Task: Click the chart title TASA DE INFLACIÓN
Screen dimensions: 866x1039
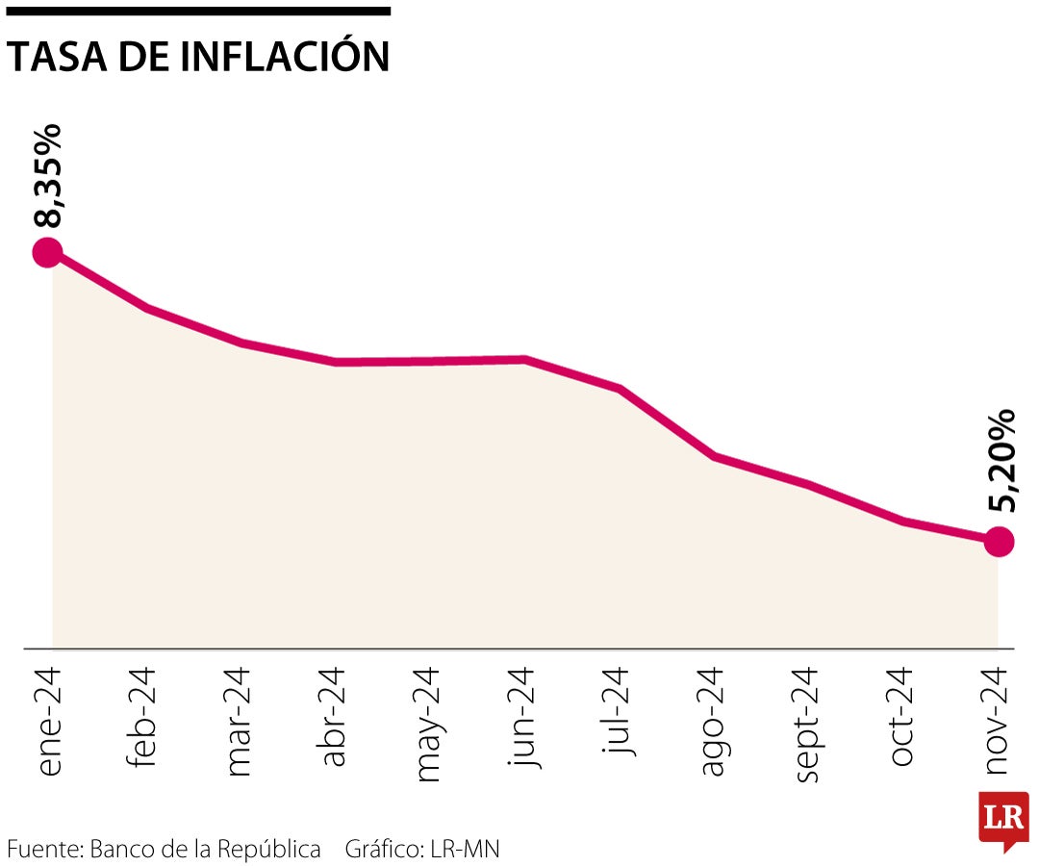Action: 198,57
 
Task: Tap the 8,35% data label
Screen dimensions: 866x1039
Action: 47,175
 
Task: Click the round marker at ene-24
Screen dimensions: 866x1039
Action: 47,253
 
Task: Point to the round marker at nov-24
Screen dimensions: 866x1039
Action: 999,542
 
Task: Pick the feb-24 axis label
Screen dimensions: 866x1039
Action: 141,717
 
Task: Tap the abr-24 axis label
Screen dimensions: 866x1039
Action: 332,717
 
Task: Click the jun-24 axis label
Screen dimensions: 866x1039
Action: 522,717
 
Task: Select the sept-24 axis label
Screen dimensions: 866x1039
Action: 807,725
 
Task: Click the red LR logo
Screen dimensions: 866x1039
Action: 1003,820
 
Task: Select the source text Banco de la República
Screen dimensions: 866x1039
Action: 205,850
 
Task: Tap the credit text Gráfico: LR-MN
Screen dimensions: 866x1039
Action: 422,850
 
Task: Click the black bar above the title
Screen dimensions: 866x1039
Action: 198,12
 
